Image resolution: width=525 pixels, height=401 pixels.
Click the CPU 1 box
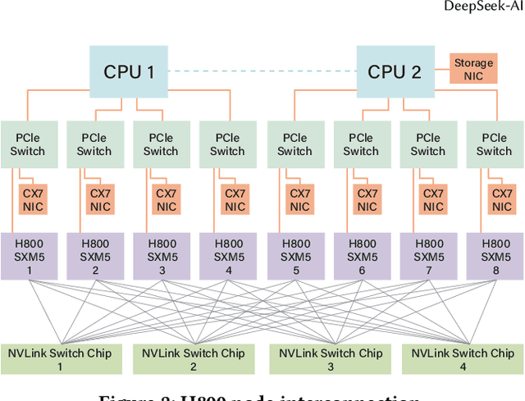(x=129, y=71)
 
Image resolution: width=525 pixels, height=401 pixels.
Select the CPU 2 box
(x=394, y=71)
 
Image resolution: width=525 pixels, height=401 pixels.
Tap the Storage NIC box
(x=474, y=69)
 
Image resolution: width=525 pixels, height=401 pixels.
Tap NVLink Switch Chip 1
(x=61, y=359)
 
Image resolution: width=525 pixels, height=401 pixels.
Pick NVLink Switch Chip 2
(x=194, y=359)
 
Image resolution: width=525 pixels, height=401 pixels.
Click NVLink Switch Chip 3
(x=331, y=359)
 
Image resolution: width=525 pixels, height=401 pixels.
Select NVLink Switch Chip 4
(x=463, y=359)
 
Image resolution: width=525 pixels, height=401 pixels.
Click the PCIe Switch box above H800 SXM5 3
(x=161, y=145)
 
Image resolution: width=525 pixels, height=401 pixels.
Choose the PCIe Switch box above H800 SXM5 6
(x=361, y=145)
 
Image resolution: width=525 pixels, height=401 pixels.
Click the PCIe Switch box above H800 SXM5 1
(x=27, y=145)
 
